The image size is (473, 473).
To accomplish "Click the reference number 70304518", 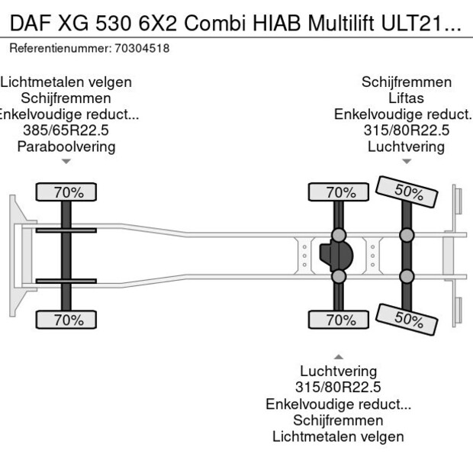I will pos(143,48).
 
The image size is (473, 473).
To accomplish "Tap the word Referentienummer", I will pos(61,48).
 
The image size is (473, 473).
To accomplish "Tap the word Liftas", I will pos(406,98).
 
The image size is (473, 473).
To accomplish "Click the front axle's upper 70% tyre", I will pos(69,192).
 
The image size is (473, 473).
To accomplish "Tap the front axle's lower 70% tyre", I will pos(69,320).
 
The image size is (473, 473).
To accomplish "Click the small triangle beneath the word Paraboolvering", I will pos(66,161).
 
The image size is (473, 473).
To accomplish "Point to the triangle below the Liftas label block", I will pos(406,161).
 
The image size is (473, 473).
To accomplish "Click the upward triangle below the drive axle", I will pos(338,356).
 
